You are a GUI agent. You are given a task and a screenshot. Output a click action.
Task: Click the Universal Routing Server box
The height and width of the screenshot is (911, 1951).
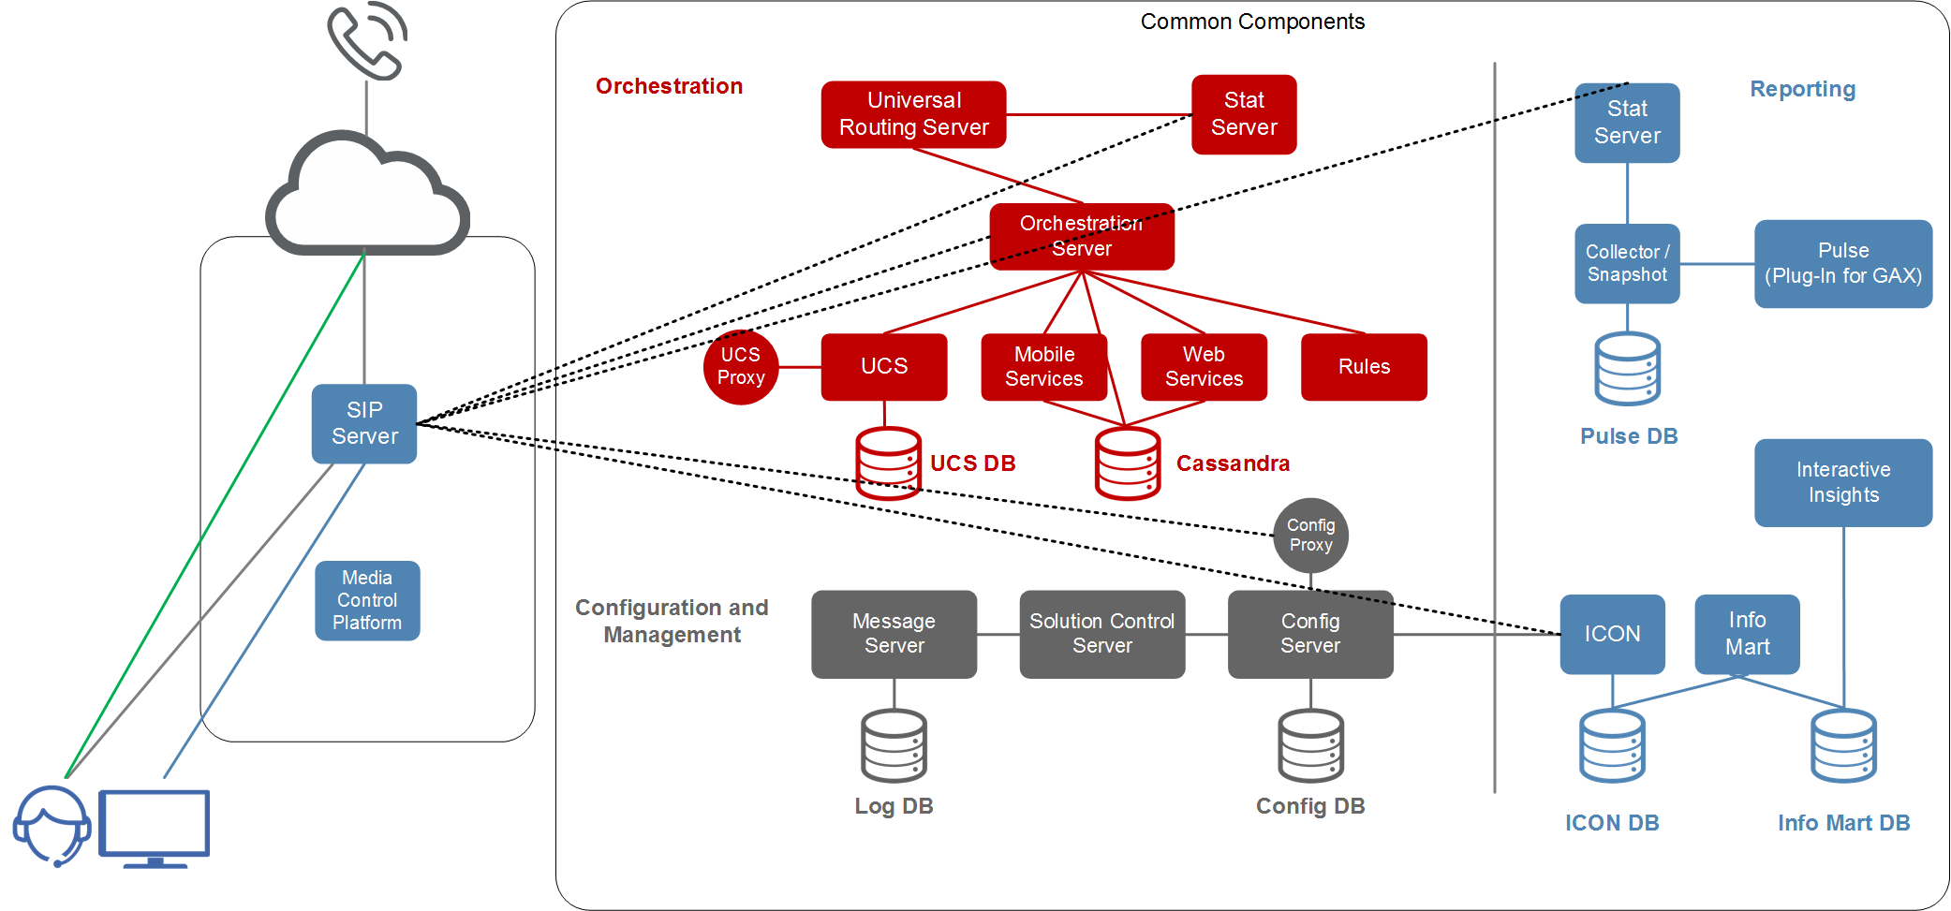pos(913,114)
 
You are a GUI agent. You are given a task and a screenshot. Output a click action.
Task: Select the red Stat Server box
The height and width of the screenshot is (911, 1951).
pos(1244,114)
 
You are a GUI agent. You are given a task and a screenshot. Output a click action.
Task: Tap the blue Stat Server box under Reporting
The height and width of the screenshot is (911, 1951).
pos(1627,123)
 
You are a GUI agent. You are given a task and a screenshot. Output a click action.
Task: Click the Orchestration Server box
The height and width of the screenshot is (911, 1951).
pos(1082,236)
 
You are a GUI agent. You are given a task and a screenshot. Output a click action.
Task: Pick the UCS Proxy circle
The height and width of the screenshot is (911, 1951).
pos(741,367)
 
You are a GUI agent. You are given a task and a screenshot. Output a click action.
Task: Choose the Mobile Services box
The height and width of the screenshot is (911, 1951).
pos(1043,367)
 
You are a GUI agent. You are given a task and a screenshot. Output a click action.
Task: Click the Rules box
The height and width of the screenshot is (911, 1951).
pos(1364,367)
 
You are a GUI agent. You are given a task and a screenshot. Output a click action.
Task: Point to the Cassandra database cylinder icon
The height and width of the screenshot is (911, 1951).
pos(1128,463)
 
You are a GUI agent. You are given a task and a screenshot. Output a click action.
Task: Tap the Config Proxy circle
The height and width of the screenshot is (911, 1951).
pos(1310,536)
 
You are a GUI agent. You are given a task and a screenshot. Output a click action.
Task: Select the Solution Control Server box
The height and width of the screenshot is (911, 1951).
pos(1102,634)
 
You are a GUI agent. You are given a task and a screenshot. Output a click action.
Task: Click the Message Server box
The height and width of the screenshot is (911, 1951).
pos(894,634)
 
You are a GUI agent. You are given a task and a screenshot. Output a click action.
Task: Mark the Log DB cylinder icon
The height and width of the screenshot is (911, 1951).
pos(894,745)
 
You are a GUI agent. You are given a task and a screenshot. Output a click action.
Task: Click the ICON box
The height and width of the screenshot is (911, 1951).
pos(1612,634)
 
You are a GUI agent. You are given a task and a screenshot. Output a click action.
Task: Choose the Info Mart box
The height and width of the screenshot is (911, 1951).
pos(1747,634)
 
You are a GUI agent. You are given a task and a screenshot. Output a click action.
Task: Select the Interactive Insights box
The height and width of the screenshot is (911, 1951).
pos(1842,482)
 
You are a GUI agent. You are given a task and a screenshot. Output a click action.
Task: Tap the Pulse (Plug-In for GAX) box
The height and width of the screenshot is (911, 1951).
pos(1842,264)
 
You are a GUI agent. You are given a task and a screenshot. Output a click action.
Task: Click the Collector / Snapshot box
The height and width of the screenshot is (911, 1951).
pos(1627,264)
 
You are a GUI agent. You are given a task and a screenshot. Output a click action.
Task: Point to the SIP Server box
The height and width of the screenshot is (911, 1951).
pos(364,423)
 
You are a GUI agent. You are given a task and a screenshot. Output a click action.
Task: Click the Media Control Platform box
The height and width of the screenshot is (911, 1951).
pos(367,600)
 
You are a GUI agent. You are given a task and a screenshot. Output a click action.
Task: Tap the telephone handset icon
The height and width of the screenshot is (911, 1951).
pos(366,41)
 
